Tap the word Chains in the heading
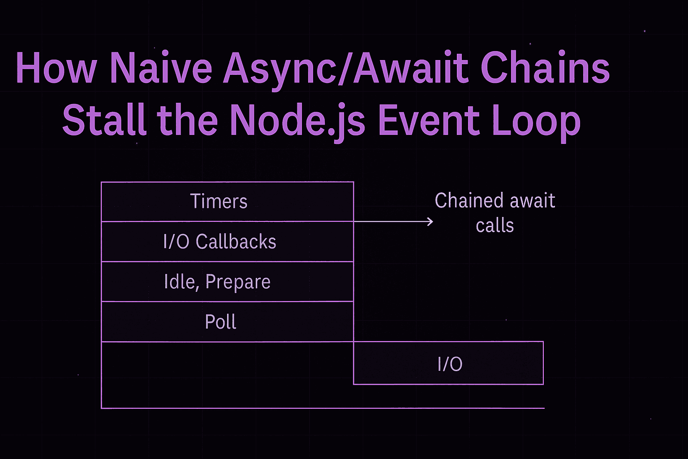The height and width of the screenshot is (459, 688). (545, 68)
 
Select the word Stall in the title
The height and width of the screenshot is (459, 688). (104, 121)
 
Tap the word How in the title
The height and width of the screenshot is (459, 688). (56, 68)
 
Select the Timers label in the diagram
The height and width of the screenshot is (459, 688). (219, 201)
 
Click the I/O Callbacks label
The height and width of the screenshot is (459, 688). (219, 242)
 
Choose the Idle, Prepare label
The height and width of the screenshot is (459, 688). (217, 282)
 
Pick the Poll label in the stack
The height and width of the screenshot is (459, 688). (220, 322)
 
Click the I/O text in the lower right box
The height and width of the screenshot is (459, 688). (450, 364)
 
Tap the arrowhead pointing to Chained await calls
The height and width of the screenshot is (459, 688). (431, 221)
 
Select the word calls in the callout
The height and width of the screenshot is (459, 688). (494, 225)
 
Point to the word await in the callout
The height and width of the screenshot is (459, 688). (532, 200)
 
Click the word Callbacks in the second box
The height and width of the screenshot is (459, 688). (236, 242)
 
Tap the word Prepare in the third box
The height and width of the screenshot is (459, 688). (238, 282)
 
